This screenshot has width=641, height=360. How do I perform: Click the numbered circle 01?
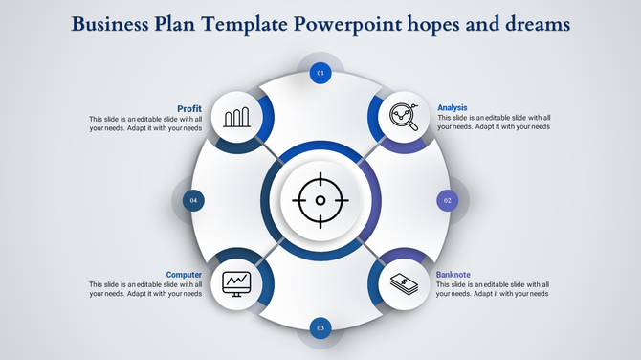320,72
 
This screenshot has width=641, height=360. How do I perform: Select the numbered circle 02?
447,200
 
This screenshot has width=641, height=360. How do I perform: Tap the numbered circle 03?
320,328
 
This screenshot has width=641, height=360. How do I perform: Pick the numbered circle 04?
193,200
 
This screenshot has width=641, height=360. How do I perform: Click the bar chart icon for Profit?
236,119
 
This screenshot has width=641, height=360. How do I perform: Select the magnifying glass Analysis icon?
404,119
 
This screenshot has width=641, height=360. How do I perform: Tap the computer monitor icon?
236,282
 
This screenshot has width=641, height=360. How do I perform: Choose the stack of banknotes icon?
404,283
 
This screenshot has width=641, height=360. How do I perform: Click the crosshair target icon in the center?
320,200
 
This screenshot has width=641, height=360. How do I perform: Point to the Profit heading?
188,108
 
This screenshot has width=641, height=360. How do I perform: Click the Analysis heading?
453,107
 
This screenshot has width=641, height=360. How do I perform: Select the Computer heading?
183,275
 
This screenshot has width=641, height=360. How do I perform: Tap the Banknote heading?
453,275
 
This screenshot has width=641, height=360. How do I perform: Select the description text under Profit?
145,123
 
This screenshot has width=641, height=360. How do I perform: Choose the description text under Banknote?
493,289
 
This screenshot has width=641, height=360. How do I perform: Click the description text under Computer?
145,289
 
